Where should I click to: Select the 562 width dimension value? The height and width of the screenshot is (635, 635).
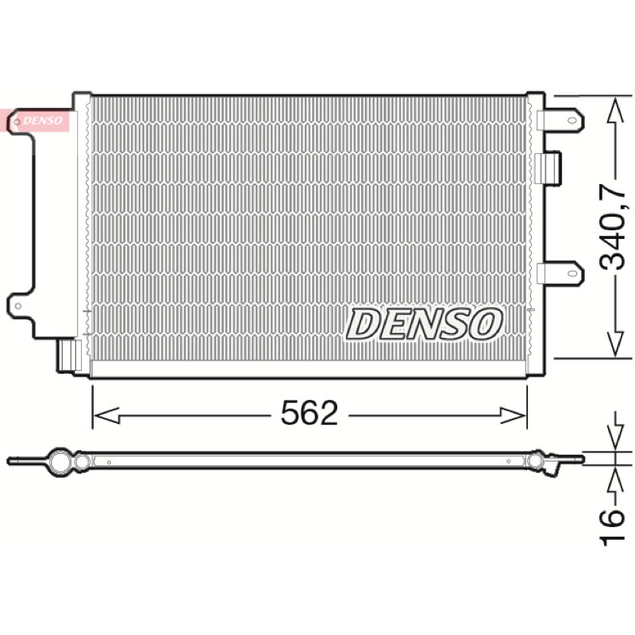point(310,413)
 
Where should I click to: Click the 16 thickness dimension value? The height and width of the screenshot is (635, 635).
point(612,528)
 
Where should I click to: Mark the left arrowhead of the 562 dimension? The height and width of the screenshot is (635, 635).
point(106,415)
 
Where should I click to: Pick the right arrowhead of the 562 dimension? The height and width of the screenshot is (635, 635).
point(514,415)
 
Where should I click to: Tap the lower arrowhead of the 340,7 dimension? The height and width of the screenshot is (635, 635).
point(615,344)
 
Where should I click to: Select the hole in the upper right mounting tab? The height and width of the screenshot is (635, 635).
point(571,121)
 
